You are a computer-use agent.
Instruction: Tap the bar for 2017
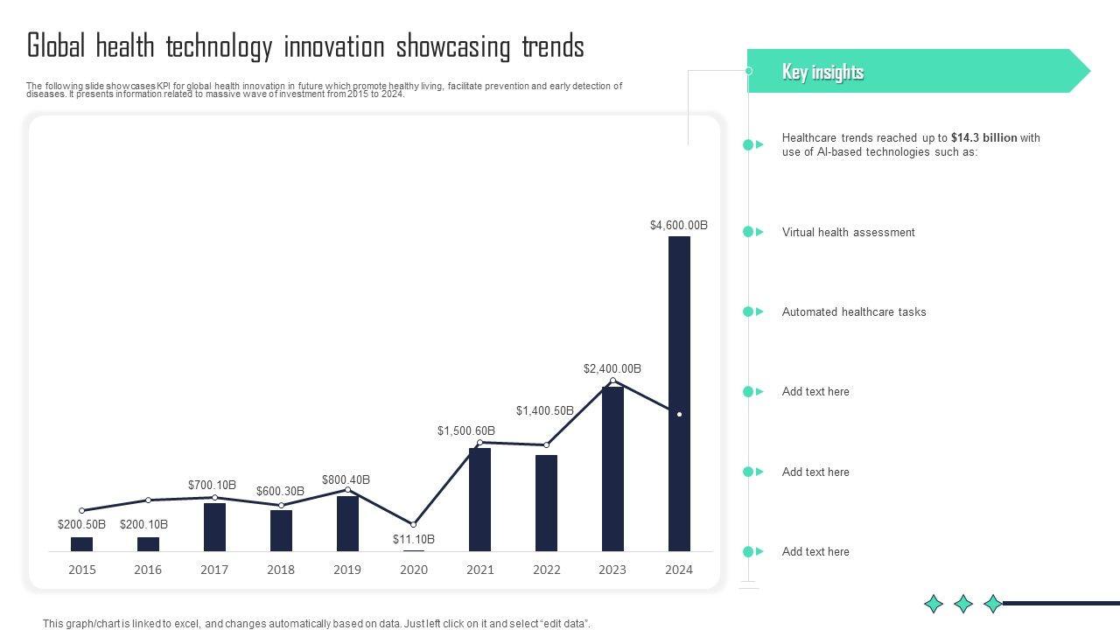(214, 527)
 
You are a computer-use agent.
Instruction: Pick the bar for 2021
(479, 499)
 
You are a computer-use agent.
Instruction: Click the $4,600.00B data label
(679, 226)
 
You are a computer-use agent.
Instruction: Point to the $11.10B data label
(414, 540)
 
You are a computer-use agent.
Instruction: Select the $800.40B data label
(346, 480)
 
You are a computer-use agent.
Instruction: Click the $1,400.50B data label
(544, 411)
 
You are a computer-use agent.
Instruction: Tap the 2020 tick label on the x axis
(414, 570)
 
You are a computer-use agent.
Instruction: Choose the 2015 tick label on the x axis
(82, 570)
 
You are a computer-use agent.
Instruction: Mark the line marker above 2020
(414, 525)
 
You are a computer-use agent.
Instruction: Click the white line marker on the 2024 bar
(679, 414)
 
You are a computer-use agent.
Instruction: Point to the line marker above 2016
(148, 500)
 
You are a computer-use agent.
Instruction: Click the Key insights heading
(822, 72)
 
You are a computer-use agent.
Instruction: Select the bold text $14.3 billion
(984, 138)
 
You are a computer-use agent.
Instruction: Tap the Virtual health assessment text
(848, 233)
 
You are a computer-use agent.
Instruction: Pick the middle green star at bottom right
(963, 604)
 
